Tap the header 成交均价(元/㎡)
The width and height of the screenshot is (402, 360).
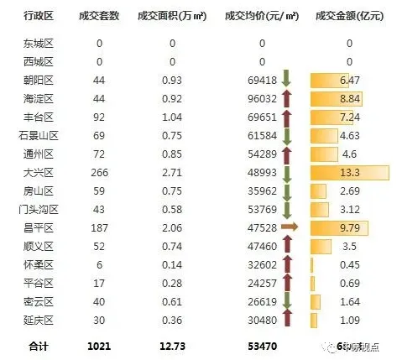[261, 17]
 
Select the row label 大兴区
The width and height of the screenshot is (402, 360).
[39, 173]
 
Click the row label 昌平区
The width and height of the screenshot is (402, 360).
[39, 227]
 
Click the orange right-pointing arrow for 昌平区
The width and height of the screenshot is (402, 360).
[289, 227]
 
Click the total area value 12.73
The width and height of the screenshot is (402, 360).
[172, 345]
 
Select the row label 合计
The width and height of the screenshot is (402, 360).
[39, 345]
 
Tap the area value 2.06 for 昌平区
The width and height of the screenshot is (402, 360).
[172, 227]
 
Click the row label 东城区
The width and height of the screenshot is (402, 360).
[39, 44]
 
